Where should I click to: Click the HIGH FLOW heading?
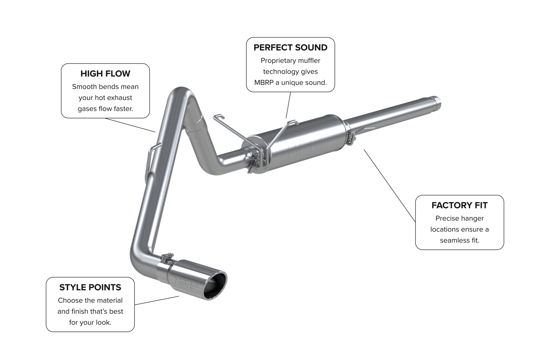(105, 74)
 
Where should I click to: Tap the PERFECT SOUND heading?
(290, 48)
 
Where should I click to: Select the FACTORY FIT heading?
(459, 205)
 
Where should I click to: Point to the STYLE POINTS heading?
(90, 287)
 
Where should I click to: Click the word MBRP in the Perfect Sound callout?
(264, 83)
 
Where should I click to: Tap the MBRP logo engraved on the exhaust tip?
(186, 283)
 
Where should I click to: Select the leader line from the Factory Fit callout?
(389, 185)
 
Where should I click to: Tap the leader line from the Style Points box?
(157, 300)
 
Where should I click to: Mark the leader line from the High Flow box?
(131, 125)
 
